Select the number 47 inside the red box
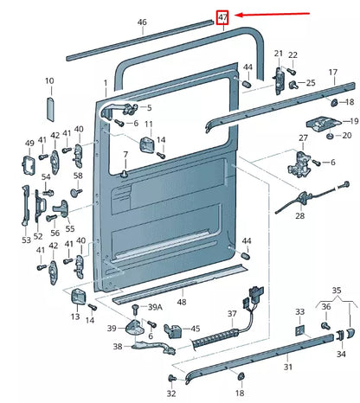coord(223,16)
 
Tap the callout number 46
coord(142,22)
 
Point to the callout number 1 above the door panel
coord(106,85)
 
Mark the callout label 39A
coord(154,307)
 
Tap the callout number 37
coord(231,313)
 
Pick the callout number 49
coord(29,144)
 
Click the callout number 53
coord(26,239)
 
